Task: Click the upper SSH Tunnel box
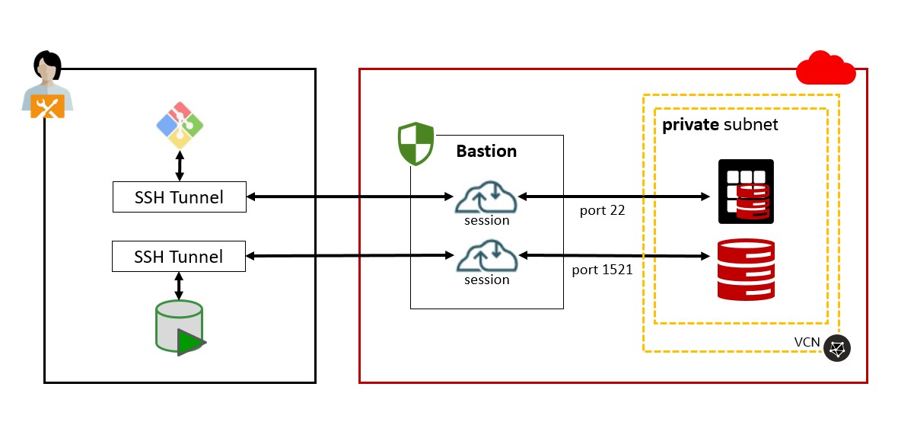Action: pyautogui.click(x=179, y=197)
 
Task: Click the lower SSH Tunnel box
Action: pyautogui.click(x=179, y=256)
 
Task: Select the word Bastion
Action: pyautogui.click(x=486, y=151)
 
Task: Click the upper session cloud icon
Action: pyautogui.click(x=486, y=198)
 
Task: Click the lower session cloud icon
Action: pyautogui.click(x=486, y=256)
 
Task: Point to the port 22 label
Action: pyautogui.click(x=602, y=210)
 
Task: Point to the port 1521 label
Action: pyautogui.click(x=602, y=269)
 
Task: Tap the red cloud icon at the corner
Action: pyautogui.click(x=825, y=69)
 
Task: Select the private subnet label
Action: pyautogui.click(x=720, y=125)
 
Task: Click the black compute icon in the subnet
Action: pyautogui.click(x=746, y=192)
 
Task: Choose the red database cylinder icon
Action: pyautogui.click(x=746, y=269)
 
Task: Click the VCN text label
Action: pyautogui.click(x=807, y=342)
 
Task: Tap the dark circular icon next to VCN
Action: pyautogui.click(x=837, y=348)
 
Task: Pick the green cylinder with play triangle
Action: pyautogui.click(x=180, y=328)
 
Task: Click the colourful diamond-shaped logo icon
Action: pyautogui.click(x=180, y=125)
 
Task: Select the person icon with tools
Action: pyautogui.click(x=47, y=85)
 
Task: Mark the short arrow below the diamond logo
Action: pyautogui.click(x=180, y=165)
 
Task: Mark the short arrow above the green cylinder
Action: pyautogui.click(x=180, y=285)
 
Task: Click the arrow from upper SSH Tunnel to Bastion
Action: pyautogui.click(x=350, y=197)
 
